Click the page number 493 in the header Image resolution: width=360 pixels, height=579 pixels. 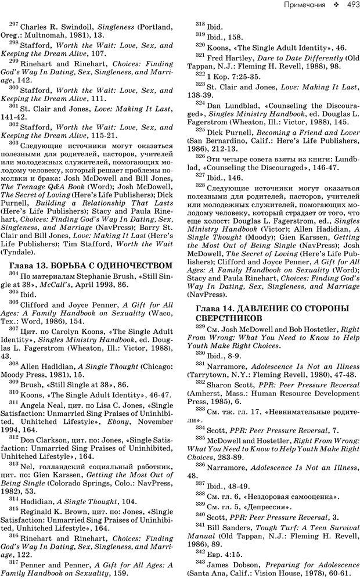click(347, 5)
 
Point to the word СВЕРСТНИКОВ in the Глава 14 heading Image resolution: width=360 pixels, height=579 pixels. click(225, 319)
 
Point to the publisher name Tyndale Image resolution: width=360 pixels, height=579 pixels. click(25, 253)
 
